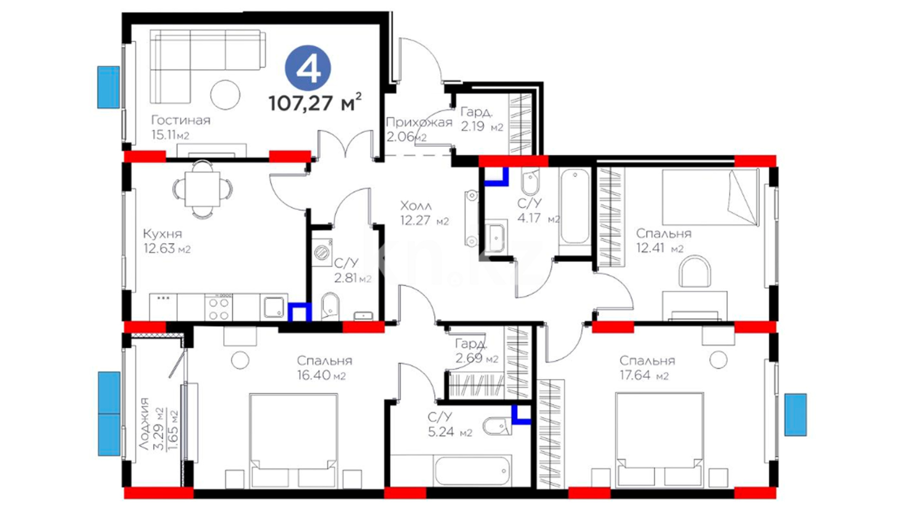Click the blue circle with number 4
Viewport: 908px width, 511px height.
point(308,69)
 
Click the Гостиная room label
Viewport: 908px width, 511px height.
point(181,120)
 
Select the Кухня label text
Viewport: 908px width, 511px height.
point(162,234)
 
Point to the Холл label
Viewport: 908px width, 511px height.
point(416,206)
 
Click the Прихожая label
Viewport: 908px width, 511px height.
point(419,123)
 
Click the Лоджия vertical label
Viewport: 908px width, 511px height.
point(144,423)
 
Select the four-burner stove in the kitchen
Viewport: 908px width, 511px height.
point(218,308)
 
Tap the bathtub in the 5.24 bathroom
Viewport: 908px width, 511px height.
point(472,471)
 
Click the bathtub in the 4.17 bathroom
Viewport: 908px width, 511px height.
point(575,207)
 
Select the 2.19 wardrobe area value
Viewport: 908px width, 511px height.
point(473,127)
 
